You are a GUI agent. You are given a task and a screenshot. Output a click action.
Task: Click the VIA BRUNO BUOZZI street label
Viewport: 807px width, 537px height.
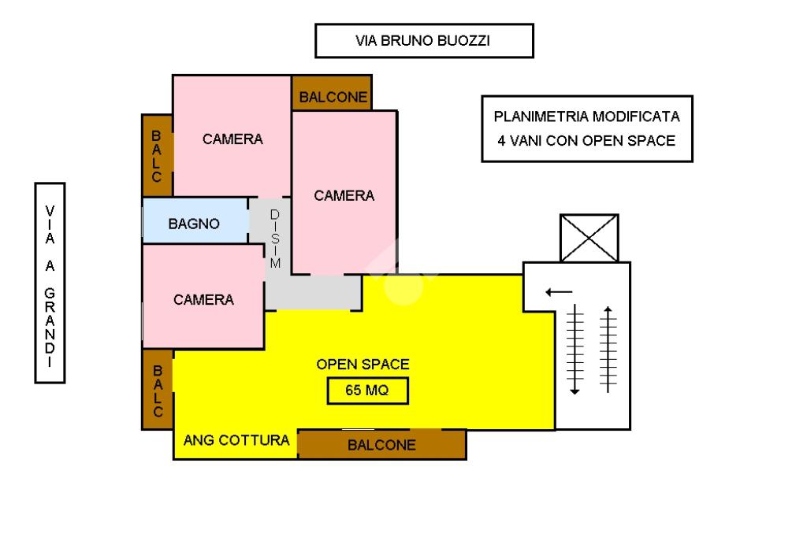pyautogui.click(x=424, y=41)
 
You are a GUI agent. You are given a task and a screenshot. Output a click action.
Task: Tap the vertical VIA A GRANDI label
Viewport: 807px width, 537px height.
pyautogui.click(x=50, y=283)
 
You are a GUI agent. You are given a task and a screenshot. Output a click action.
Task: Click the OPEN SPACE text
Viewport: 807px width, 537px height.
pyautogui.click(x=363, y=365)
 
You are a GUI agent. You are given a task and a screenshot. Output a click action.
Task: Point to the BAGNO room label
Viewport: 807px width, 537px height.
pyautogui.click(x=194, y=224)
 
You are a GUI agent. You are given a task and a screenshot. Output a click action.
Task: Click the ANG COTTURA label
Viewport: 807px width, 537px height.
pyautogui.click(x=236, y=440)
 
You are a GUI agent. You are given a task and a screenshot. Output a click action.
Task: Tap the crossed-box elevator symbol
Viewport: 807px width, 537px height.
pyautogui.click(x=589, y=237)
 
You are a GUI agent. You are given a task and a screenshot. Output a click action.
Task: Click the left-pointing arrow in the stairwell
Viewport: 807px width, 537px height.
pyautogui.click(x=559, y=292)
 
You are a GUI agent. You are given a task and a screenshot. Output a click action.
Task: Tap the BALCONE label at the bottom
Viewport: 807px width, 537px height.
pyautogui.click(x=381, y=445)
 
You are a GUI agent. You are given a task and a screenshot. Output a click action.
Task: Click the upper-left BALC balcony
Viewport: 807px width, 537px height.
pyautogui.click(x=157, y=156)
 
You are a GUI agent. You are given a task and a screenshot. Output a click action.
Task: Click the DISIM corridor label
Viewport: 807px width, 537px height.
pyautogui.click(x=274, y=239)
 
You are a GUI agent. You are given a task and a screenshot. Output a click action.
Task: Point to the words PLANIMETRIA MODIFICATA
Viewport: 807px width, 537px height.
pyautogui.click(x=586, y=117)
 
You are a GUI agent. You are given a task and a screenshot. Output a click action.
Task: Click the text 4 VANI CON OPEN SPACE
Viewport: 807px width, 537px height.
pyautogui.click(x=586, y=141)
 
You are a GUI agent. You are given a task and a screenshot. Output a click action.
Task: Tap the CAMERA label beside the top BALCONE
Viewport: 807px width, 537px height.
pyautogui.click(x=232, y=139)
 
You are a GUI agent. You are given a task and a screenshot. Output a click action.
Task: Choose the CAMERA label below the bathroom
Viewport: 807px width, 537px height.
pyautogui.click(x=203, y=300)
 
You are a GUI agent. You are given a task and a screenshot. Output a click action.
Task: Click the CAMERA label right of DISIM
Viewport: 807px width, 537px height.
pyautogui.click(x=344, y=196)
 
